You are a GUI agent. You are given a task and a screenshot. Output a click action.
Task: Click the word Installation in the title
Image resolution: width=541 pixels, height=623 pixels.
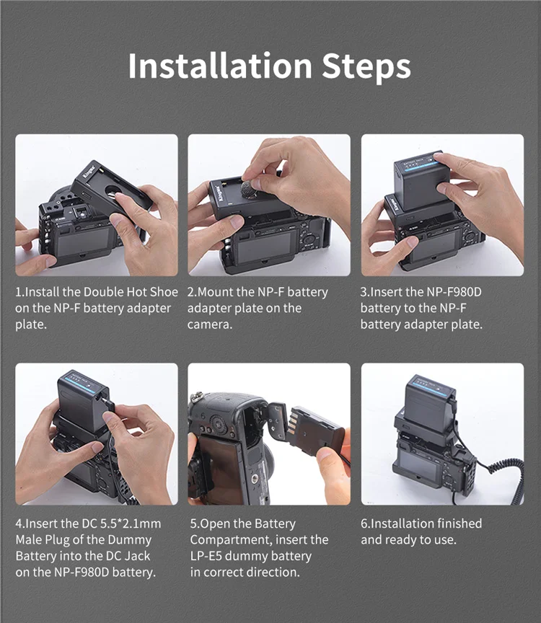pyautogui.click(x=220, y=66)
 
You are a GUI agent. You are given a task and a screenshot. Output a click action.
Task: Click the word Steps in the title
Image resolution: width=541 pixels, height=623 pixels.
pyautogui.click(x=366, y=67)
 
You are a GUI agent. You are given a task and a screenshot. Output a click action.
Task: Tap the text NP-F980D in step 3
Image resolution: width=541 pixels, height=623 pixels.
pyautogui.click(x=454, y=292)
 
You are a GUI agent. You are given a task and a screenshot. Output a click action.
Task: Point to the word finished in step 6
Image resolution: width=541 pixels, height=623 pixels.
pyautogui.click(x=454, y=523)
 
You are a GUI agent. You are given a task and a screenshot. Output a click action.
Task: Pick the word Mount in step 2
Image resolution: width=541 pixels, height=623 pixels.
pyautogui.click(x=215, y=292)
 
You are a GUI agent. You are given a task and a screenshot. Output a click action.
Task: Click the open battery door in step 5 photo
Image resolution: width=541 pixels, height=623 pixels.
pyautogui.click(x=278, y=420)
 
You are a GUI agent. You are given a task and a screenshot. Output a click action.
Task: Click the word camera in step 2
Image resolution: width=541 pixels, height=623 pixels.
pyautogui.click(x=209, y=325)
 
